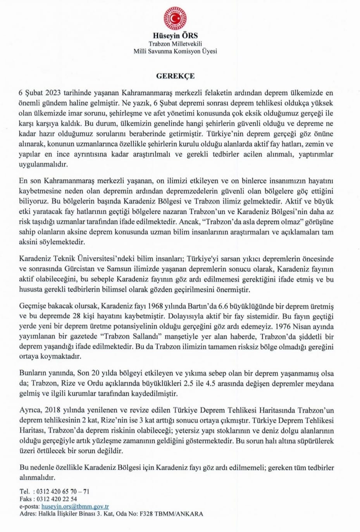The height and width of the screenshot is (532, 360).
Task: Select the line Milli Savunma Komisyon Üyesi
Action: (175, 51)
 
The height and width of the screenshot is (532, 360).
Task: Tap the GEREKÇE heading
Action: (175, 76)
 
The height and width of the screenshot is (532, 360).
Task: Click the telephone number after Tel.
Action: (62, 491)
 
